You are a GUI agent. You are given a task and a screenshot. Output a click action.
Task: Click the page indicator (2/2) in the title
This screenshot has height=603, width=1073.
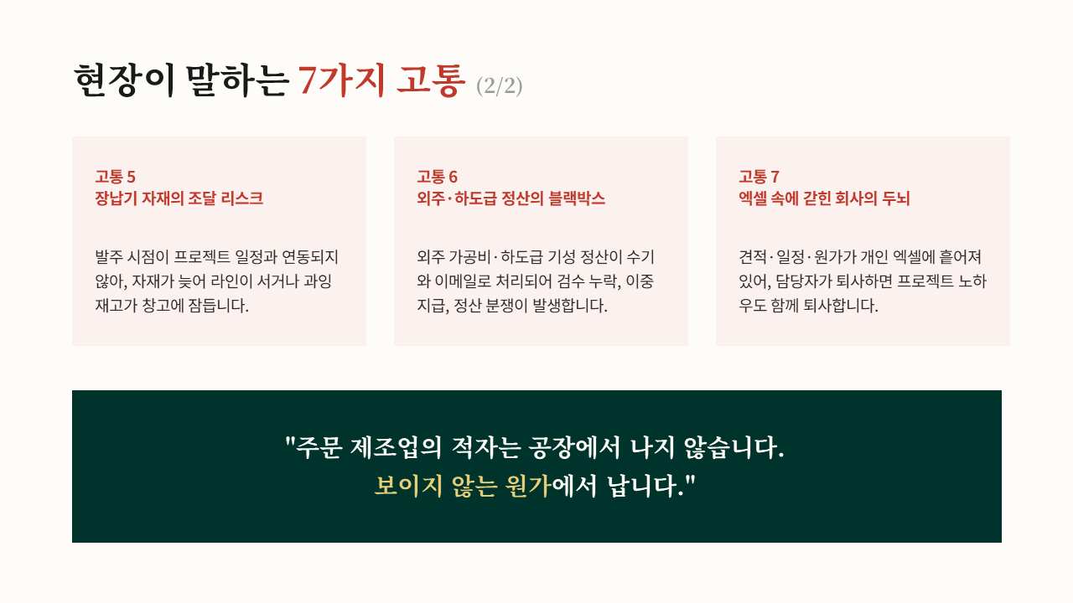point(499,86)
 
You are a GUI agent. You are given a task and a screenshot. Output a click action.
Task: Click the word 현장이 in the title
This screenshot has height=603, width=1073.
point(123,80)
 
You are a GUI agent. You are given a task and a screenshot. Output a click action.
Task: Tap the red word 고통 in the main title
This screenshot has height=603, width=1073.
point(431,80)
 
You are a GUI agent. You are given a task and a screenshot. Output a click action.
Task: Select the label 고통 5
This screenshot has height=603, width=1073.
point(116,177)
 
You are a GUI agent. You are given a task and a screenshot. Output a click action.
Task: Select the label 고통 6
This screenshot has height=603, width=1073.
point(438,177)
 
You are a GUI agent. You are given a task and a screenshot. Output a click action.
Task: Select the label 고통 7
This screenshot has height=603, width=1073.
point(759,177)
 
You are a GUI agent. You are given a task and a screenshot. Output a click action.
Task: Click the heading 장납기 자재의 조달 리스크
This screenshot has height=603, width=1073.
point(179,198)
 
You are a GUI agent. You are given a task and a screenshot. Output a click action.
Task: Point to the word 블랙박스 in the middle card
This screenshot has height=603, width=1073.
point(577,198)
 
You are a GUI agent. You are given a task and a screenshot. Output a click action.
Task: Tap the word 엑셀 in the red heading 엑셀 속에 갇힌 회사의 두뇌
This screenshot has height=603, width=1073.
point(753,198)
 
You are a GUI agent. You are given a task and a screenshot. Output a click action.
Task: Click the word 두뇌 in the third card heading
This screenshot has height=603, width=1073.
point(896,198)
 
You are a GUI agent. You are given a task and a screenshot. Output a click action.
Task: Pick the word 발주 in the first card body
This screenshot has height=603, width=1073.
point(109,257)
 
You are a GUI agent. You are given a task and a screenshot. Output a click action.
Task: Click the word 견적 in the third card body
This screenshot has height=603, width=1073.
point(753,257)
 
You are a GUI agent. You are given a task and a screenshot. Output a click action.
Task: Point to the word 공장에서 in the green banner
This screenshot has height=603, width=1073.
point(574,448)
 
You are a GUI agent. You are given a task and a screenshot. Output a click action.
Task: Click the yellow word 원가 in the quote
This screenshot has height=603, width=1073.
point(528,487)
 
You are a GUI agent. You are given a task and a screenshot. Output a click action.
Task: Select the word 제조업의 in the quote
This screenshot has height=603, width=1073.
point(396,448)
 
